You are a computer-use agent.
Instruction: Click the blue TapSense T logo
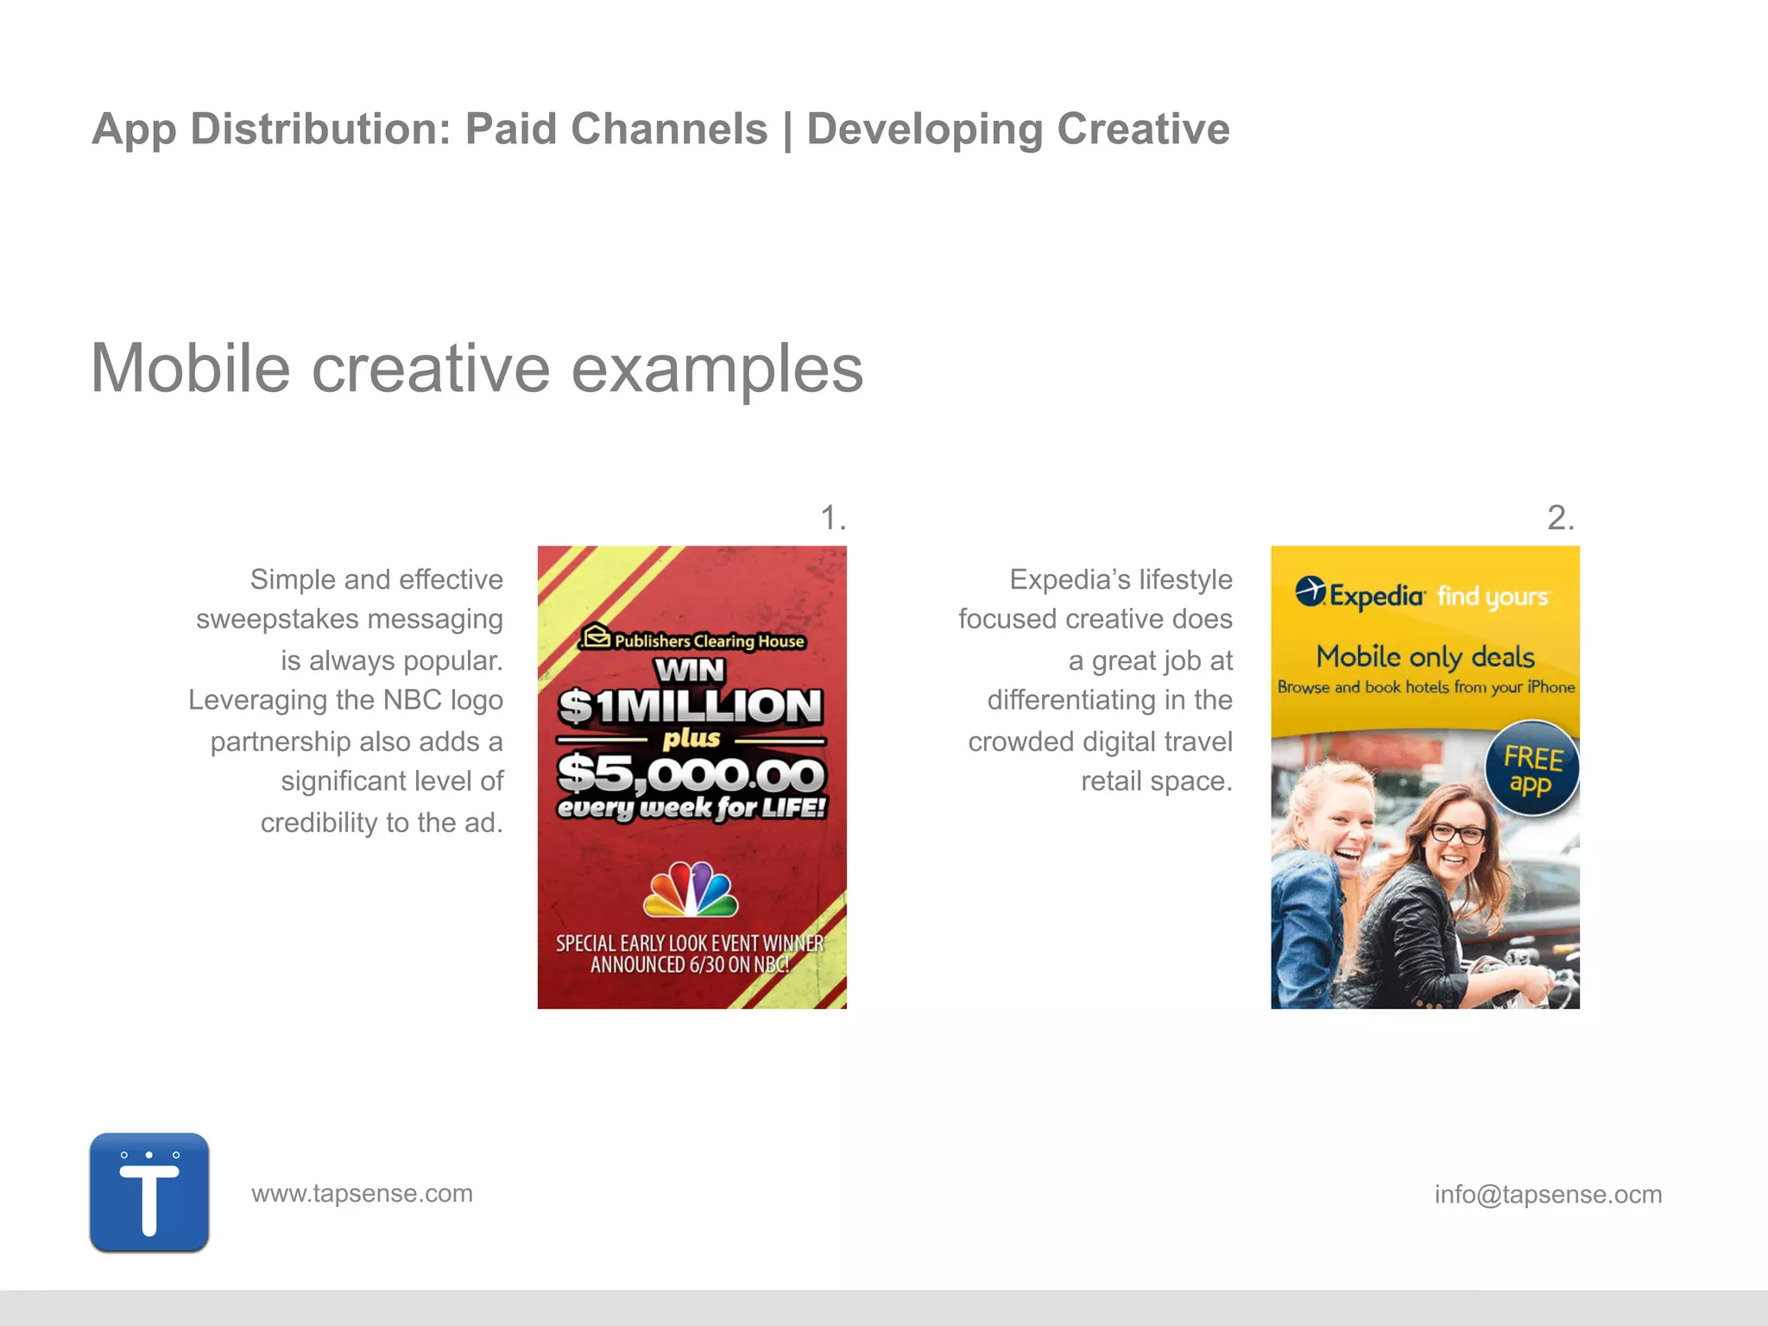(x=149, y=1192)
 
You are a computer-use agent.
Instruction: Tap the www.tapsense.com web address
(x=362, y=1193)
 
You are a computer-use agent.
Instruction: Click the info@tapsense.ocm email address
(x=1548, y=1194)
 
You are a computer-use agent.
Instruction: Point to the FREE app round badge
(x=1531, y=769)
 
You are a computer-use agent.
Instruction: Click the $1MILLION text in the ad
(x=691, y=706)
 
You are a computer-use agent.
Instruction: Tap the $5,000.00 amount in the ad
(x=691, y=773)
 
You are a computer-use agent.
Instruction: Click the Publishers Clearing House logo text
(x=693, y=640)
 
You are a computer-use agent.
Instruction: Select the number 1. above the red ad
(x=832, y=518)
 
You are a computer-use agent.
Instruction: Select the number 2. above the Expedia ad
(x=1560, y=518)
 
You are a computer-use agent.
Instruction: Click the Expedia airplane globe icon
(x=1310, y=592)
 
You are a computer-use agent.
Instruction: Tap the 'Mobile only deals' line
(x=1425, y=657)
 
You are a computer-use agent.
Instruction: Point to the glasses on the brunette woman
(x=1458, y=834)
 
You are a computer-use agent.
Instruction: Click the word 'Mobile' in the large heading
(x=190, y=369)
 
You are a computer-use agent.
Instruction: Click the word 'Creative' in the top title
(x=1143, y=129)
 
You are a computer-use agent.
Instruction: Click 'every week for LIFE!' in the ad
(x=691, y=808)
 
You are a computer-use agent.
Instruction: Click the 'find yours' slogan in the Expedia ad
(x=1493, y=597)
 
